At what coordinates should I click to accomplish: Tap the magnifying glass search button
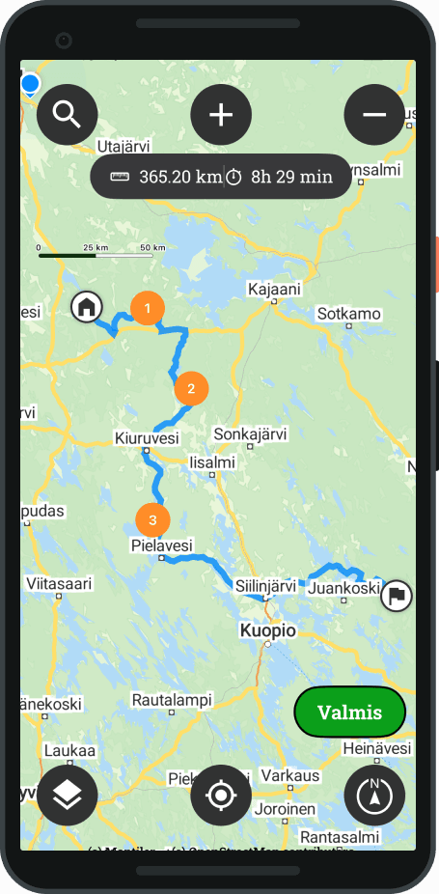(x=67, y=115)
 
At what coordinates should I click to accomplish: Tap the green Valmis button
(x=349, y=712)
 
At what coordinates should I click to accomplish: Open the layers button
(x=67, y=795)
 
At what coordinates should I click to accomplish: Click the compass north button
(x=374, y=795)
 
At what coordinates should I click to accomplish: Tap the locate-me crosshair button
(x=221, y=795)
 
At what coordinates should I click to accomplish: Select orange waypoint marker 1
(x=147, y=308)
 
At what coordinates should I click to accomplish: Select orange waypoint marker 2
(x=191, y=388)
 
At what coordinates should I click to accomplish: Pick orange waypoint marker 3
(x=152, y=519)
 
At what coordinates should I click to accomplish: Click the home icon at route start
(x=87, y=307)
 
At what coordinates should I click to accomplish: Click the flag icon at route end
(x=397, y=595)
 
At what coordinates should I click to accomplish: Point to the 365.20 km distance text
(x=180, y=177)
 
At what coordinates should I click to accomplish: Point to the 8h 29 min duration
(x=291, y=177)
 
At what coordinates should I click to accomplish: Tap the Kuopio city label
(x=267, y=631)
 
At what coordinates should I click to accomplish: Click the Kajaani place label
(x=274, y=289)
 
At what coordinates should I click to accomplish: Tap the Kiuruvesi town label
(x=147, y=438)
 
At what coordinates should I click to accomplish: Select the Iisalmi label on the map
(x=212, y=462)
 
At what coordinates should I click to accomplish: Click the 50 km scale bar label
(x=152, y=248)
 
